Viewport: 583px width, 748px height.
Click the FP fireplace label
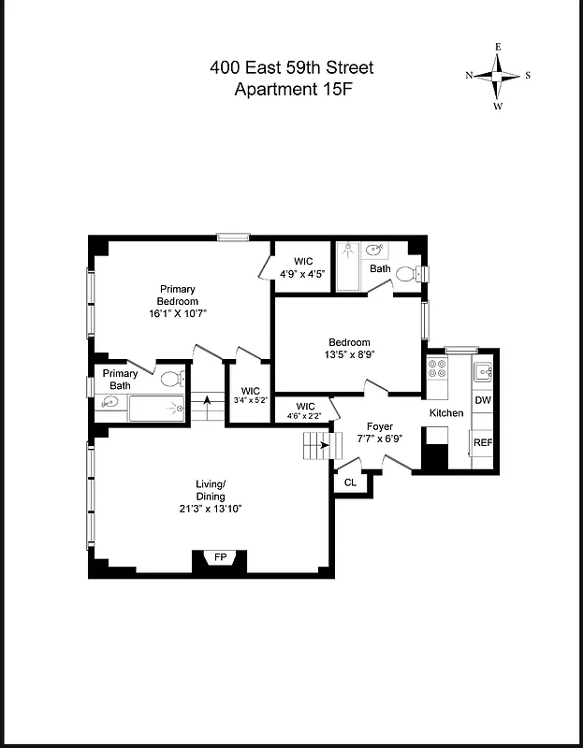point(221,557)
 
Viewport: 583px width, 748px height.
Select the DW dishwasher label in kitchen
point(483,400)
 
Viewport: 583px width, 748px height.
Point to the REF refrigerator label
point(483,442)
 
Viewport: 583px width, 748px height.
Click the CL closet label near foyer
point(351,482)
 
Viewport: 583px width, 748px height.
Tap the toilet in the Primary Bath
point(171,380)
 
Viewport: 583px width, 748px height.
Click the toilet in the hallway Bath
point(407,274)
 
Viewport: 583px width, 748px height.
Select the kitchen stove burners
point(437,368)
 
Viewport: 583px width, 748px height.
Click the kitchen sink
point(483,372)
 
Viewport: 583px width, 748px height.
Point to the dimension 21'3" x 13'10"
point(211,509)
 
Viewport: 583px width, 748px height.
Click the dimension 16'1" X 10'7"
point(177,313)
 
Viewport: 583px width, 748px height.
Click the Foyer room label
point(379,426)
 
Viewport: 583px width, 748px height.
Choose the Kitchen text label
point(446,412)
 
